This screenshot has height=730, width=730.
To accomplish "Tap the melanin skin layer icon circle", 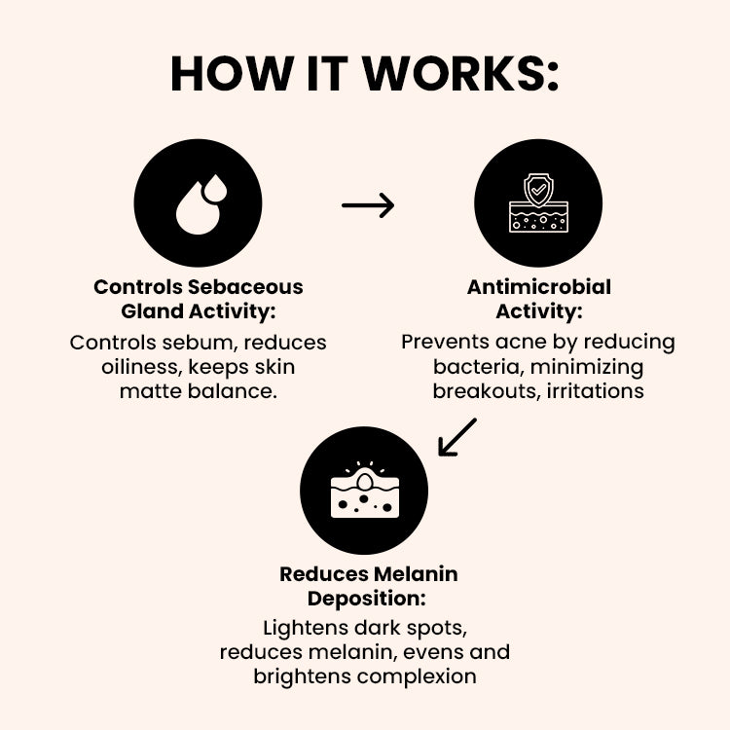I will tap(364, 491).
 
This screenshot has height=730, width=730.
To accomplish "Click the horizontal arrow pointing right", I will tap(368, 204).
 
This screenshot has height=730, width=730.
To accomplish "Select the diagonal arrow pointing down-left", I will tap(456, 437).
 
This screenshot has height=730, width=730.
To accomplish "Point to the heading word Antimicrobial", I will tap(539, 287).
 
